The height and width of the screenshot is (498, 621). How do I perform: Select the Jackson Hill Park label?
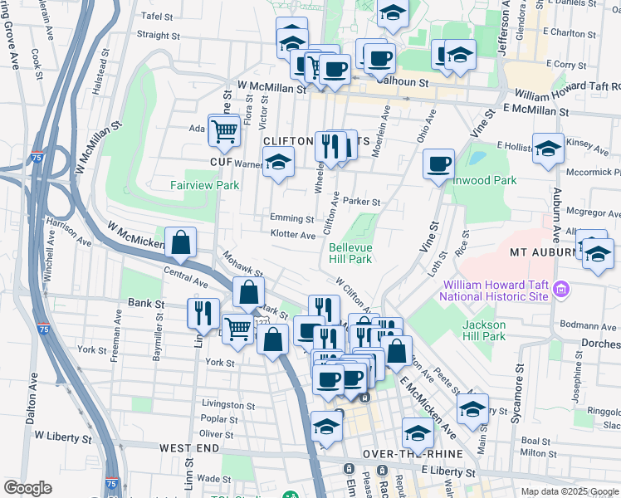point(484,330)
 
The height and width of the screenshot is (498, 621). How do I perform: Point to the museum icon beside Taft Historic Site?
point(561,290)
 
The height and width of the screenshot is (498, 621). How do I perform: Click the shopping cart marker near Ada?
point(224,130)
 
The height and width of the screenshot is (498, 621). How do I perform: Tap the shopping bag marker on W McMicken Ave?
point(180,243)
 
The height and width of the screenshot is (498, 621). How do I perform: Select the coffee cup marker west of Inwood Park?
point(438,164)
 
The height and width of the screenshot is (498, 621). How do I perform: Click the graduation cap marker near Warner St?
point(279,163)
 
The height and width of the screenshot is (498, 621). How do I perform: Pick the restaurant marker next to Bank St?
point(203,315)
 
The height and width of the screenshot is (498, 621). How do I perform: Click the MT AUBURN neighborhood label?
point(544,251)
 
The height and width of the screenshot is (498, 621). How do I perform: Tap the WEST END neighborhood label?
point(189,448)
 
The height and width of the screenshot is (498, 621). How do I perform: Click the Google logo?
point(27,488)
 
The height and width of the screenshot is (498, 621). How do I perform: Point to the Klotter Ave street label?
point(292,235)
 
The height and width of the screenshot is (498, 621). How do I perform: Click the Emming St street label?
point(291,218)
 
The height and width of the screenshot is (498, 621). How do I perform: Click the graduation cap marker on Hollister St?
point(548,150)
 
